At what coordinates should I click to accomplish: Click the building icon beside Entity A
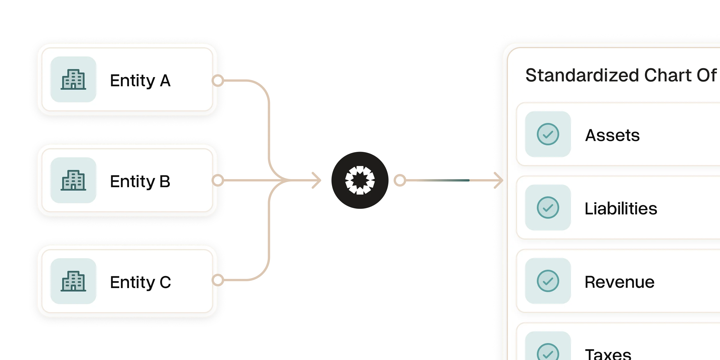[73, 79]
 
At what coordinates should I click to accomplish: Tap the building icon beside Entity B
[73, 180]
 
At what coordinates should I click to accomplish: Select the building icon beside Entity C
[73, 281]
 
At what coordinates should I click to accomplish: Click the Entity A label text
[140, 81]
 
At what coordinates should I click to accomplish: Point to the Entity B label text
[140, 181]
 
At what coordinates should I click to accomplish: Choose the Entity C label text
[140, 282]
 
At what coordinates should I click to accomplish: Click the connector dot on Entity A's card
[218, 81]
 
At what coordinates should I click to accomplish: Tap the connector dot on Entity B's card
[218, 181]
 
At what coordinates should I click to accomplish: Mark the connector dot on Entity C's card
[218, 280]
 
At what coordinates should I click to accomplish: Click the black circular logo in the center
[360, 181]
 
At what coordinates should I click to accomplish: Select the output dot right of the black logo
[400, 181]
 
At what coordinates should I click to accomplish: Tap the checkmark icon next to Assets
[548, 134]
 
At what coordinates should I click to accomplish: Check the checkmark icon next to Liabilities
[548, 208]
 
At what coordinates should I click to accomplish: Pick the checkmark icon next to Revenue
[548, 281]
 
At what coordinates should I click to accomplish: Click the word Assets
[612, 135]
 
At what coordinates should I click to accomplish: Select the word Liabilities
[621, 208]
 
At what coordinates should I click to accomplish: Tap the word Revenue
[619, 282]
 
